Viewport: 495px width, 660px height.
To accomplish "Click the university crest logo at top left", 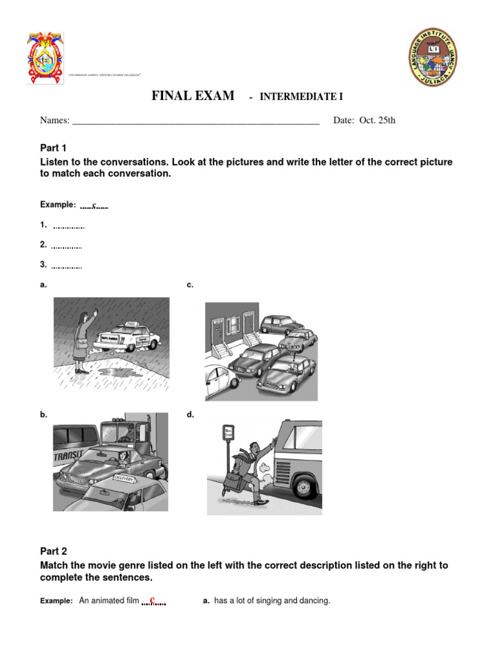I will pos(45,57).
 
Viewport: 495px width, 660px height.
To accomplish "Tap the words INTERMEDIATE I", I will pos(301,97).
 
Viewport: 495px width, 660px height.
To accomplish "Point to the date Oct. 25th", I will pos(378,121).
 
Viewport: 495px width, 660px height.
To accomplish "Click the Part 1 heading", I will pos(53,148).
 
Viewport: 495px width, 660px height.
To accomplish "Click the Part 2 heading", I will pos(53,551).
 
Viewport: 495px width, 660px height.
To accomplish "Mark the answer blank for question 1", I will pos(68,226).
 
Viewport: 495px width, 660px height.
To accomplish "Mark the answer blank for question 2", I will pos(66,246).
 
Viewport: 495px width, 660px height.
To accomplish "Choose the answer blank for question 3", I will pos(66,266).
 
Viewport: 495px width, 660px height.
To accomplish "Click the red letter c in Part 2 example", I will pos(152,600).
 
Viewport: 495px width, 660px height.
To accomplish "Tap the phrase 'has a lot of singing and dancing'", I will pos(271,601).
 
